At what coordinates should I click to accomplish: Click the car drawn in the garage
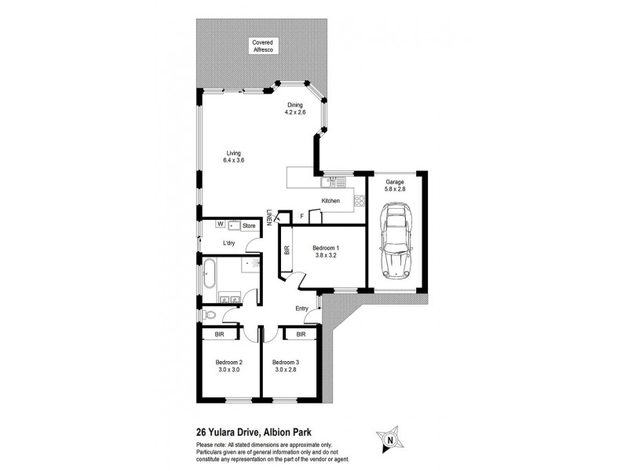click(x=396, y=243)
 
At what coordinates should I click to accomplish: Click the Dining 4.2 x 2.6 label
click(x=294, y=109)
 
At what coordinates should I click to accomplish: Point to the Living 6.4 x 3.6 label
click(x=234, y=157)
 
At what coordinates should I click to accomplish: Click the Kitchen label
click(x=330, y=202)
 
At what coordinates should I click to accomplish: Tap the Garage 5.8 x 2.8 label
click(x=395, y=185)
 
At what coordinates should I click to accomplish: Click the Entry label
click(x=302, y=309)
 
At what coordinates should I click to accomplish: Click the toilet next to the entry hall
click(x=206, y=315)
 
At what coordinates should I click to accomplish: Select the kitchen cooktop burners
click(x=360, y=201)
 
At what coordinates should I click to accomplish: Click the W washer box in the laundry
click(x=210, y=225)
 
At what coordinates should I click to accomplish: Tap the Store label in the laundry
click(x=249, y=226)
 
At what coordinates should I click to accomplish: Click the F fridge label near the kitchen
click(x=301, y=215)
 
